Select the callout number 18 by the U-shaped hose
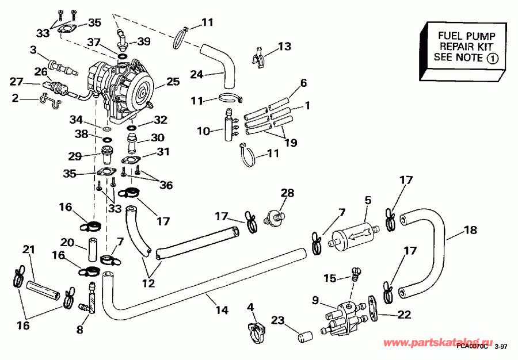click(x=470, y=231)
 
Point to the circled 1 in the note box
click(x=493, y=58)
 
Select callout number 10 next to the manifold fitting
click(x=204, y=131)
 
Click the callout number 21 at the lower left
click(x=28, y=250)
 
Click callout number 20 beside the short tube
click(x=67, y=242)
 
